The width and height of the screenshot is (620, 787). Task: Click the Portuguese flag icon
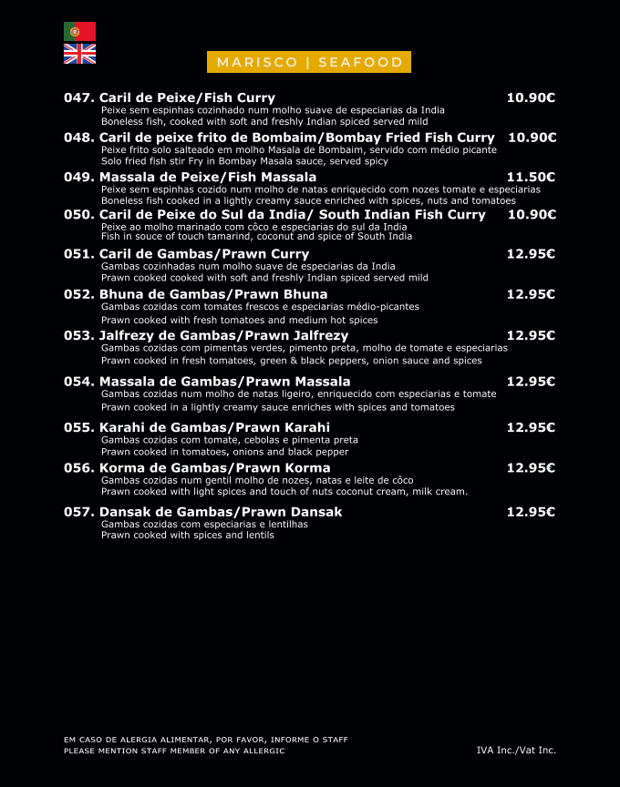(x=79, y=31)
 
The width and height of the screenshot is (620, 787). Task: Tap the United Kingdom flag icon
(x=79, y=54)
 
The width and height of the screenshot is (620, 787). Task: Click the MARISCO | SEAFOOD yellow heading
(x=310, y=62)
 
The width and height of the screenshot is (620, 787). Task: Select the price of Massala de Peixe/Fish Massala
(x=532, y=177)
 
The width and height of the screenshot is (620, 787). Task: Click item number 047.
(x=79, y=97)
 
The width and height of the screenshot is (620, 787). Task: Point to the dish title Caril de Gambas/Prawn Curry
(x=204, y=253)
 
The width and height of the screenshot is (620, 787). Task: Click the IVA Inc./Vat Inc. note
(x=516, y=750)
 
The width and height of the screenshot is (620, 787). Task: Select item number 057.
(x=79, y=512)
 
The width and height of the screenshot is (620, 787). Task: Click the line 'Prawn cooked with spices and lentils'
(x=188, y=536)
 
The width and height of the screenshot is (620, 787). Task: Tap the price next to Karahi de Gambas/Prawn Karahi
(x=532, y=427)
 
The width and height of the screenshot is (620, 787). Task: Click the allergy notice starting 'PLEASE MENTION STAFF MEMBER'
(x=174, y=751)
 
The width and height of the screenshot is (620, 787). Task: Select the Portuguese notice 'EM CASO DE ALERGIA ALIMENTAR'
(x=206, y=740)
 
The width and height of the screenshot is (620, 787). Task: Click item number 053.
(x=79, y=335)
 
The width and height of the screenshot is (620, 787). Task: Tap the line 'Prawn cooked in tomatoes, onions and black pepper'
(x=225, y=452)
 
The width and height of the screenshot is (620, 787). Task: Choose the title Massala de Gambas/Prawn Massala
(x=224, y=382)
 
